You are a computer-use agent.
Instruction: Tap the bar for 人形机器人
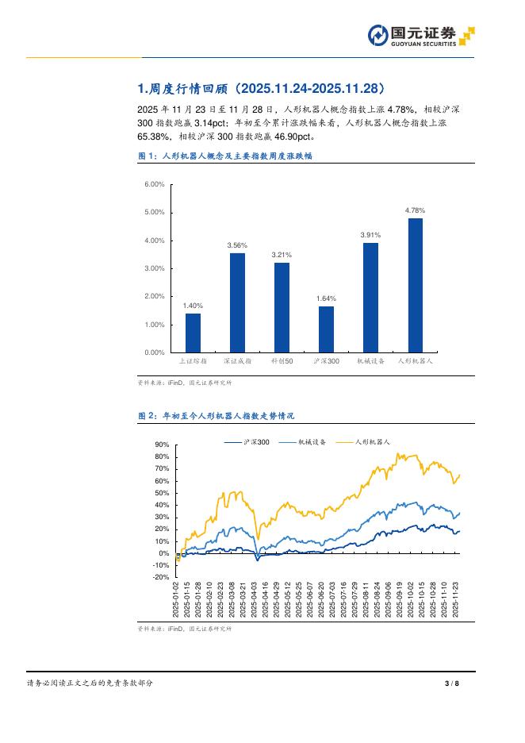point(415,285)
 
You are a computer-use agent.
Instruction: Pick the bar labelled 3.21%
point(282,307)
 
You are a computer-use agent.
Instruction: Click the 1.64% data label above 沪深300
point(326,298)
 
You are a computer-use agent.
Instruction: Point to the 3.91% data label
point(370,235)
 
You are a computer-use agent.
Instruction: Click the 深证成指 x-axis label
point(237,361)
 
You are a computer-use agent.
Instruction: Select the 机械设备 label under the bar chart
point(370,361)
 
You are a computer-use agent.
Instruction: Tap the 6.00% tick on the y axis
point(154,184)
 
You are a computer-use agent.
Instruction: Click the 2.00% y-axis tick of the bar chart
point(154,296)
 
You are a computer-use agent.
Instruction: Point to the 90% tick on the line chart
point(162,445)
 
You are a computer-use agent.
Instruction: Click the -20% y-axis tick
point(161,577)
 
